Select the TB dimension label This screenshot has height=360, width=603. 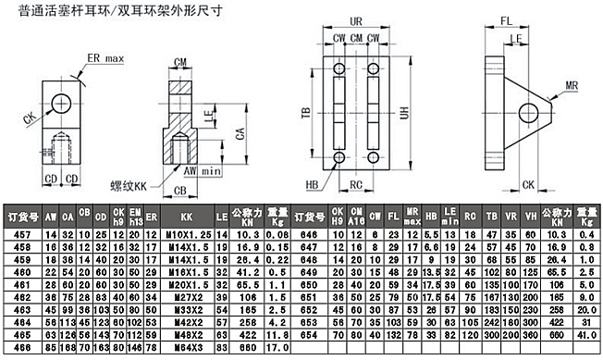coord(303,114)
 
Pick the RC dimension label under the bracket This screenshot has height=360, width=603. coord(356,184)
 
